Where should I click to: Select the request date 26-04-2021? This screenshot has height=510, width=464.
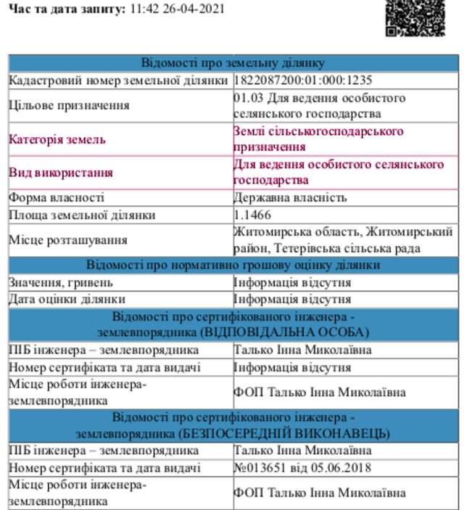coord(192,9)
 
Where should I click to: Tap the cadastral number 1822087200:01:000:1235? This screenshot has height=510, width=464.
coord(303,80)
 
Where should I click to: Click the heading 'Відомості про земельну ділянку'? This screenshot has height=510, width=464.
coord(233,63)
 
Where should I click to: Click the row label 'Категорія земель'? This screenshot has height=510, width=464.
coord(57,139)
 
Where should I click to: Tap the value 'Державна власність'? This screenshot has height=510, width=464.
coord(290,197)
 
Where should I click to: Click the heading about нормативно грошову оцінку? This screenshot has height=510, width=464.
coord(233,265)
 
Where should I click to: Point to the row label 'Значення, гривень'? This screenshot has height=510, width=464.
coord(61,282)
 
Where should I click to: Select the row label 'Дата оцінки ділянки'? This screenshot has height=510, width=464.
coord(67,299)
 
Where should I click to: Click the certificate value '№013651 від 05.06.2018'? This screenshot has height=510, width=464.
coord(302,468)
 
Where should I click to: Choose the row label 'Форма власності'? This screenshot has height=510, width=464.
coord(57,197)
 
